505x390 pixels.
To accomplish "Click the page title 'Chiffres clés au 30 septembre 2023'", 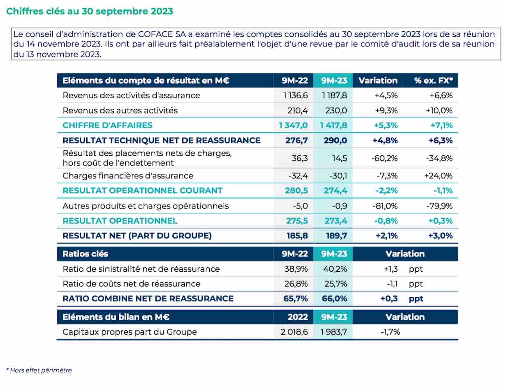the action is click(89, 11).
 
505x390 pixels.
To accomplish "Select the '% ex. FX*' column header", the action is click(433, 80).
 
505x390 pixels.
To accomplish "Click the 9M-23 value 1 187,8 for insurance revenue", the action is click(334, 95).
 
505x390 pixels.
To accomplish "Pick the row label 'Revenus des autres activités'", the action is click(120, 110).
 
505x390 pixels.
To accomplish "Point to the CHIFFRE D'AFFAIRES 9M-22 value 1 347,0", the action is click(293, 125).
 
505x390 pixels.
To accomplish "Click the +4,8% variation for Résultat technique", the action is click(385, 141).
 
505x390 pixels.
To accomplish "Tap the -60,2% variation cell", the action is click(384, 158).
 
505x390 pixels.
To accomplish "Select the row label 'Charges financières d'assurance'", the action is click(128, 176).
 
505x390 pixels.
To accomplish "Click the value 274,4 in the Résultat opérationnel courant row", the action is click(335, 191).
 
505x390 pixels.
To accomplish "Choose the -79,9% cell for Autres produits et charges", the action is click(439, 206).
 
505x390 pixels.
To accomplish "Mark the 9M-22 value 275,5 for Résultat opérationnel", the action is click(297, 221).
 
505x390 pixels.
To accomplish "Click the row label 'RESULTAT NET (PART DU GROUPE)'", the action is click(137, 236).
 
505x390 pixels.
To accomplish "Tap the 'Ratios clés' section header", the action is click(85, 254).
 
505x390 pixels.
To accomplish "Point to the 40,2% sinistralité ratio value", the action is click(335, 269).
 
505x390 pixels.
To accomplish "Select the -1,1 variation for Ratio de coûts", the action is click(392, 284).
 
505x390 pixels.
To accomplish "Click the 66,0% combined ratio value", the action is click(334, 299).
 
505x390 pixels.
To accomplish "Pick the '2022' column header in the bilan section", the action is click(298, 317).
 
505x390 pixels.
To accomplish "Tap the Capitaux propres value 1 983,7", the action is click(334, 332).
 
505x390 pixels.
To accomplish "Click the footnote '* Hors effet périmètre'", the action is click(39, 370).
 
